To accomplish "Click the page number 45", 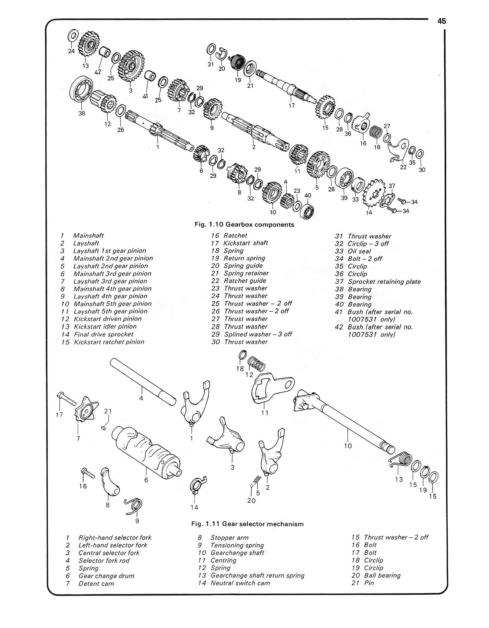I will pyautogui.click(x=441, y=21).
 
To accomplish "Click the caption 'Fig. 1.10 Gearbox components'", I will pyautogui.click(x=244, y=225).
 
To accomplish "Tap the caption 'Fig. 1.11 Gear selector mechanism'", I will pyautogui.click(x=247, y=524).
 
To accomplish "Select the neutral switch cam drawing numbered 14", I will pyautogui.click(x=197, y=486).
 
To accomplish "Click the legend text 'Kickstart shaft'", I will pyautogui.click(x=246, y=243).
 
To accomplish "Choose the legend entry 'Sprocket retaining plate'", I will pyautogui.click(x=384, y=282).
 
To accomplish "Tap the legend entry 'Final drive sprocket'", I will pyautogui.click(x=104, y=334).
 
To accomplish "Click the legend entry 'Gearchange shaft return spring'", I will pyautogui.click(x=257, y=575).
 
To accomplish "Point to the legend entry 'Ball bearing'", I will pyautogui.click(x=382, y=575).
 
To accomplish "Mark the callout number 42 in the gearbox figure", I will pyautogui.click(x=98, y=72).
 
